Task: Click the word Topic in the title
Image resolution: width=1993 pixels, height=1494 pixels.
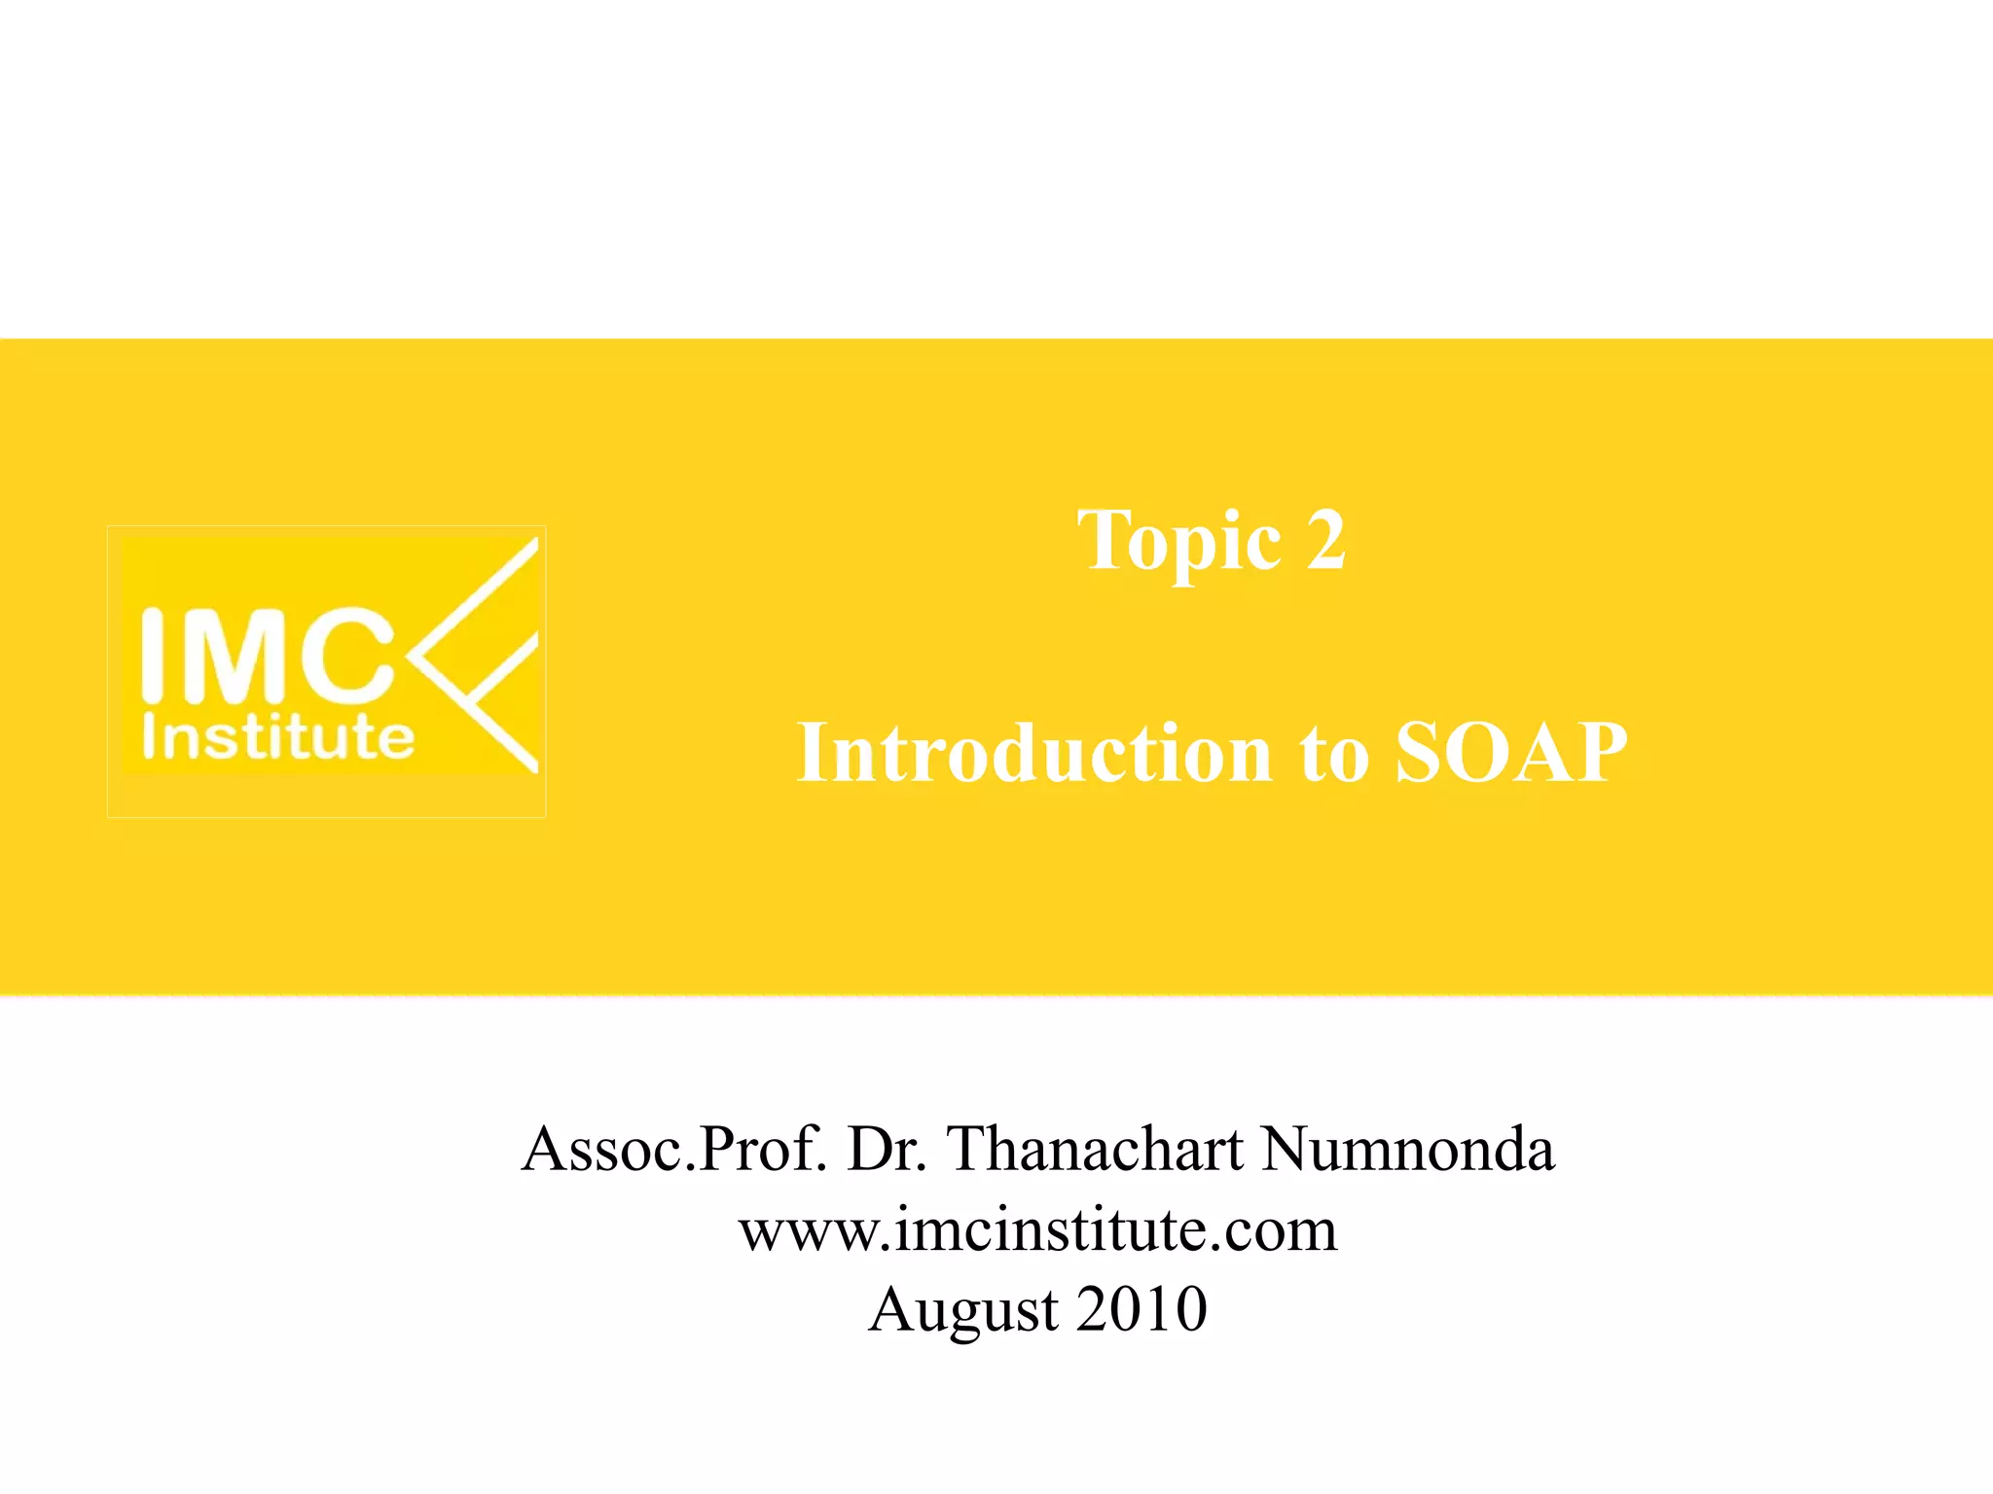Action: click(x=1178, y=541)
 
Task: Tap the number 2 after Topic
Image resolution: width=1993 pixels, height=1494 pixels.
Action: click(x=1326, y=541)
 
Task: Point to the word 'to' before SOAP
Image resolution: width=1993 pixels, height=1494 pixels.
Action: click(x=1334, y=754)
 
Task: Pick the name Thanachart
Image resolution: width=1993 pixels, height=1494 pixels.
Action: click(x=1096, y=1150)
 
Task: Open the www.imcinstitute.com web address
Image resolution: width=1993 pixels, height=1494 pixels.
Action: click(x=1038, y=1230)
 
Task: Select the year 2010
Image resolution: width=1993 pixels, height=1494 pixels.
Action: click(x=1142, y=1309)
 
